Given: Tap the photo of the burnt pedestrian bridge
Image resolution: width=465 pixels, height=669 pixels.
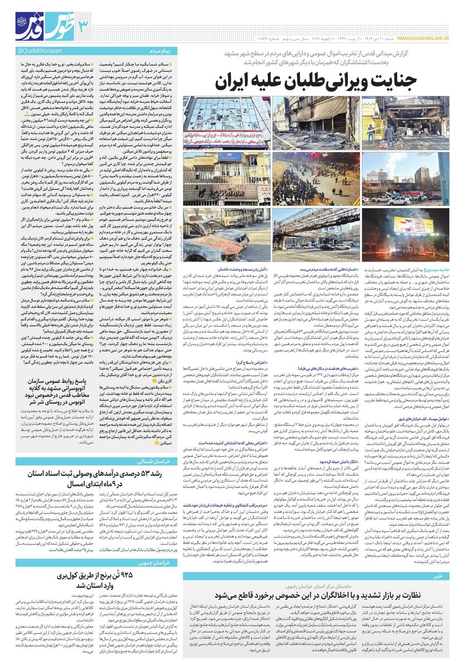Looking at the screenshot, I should pos(316,230).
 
